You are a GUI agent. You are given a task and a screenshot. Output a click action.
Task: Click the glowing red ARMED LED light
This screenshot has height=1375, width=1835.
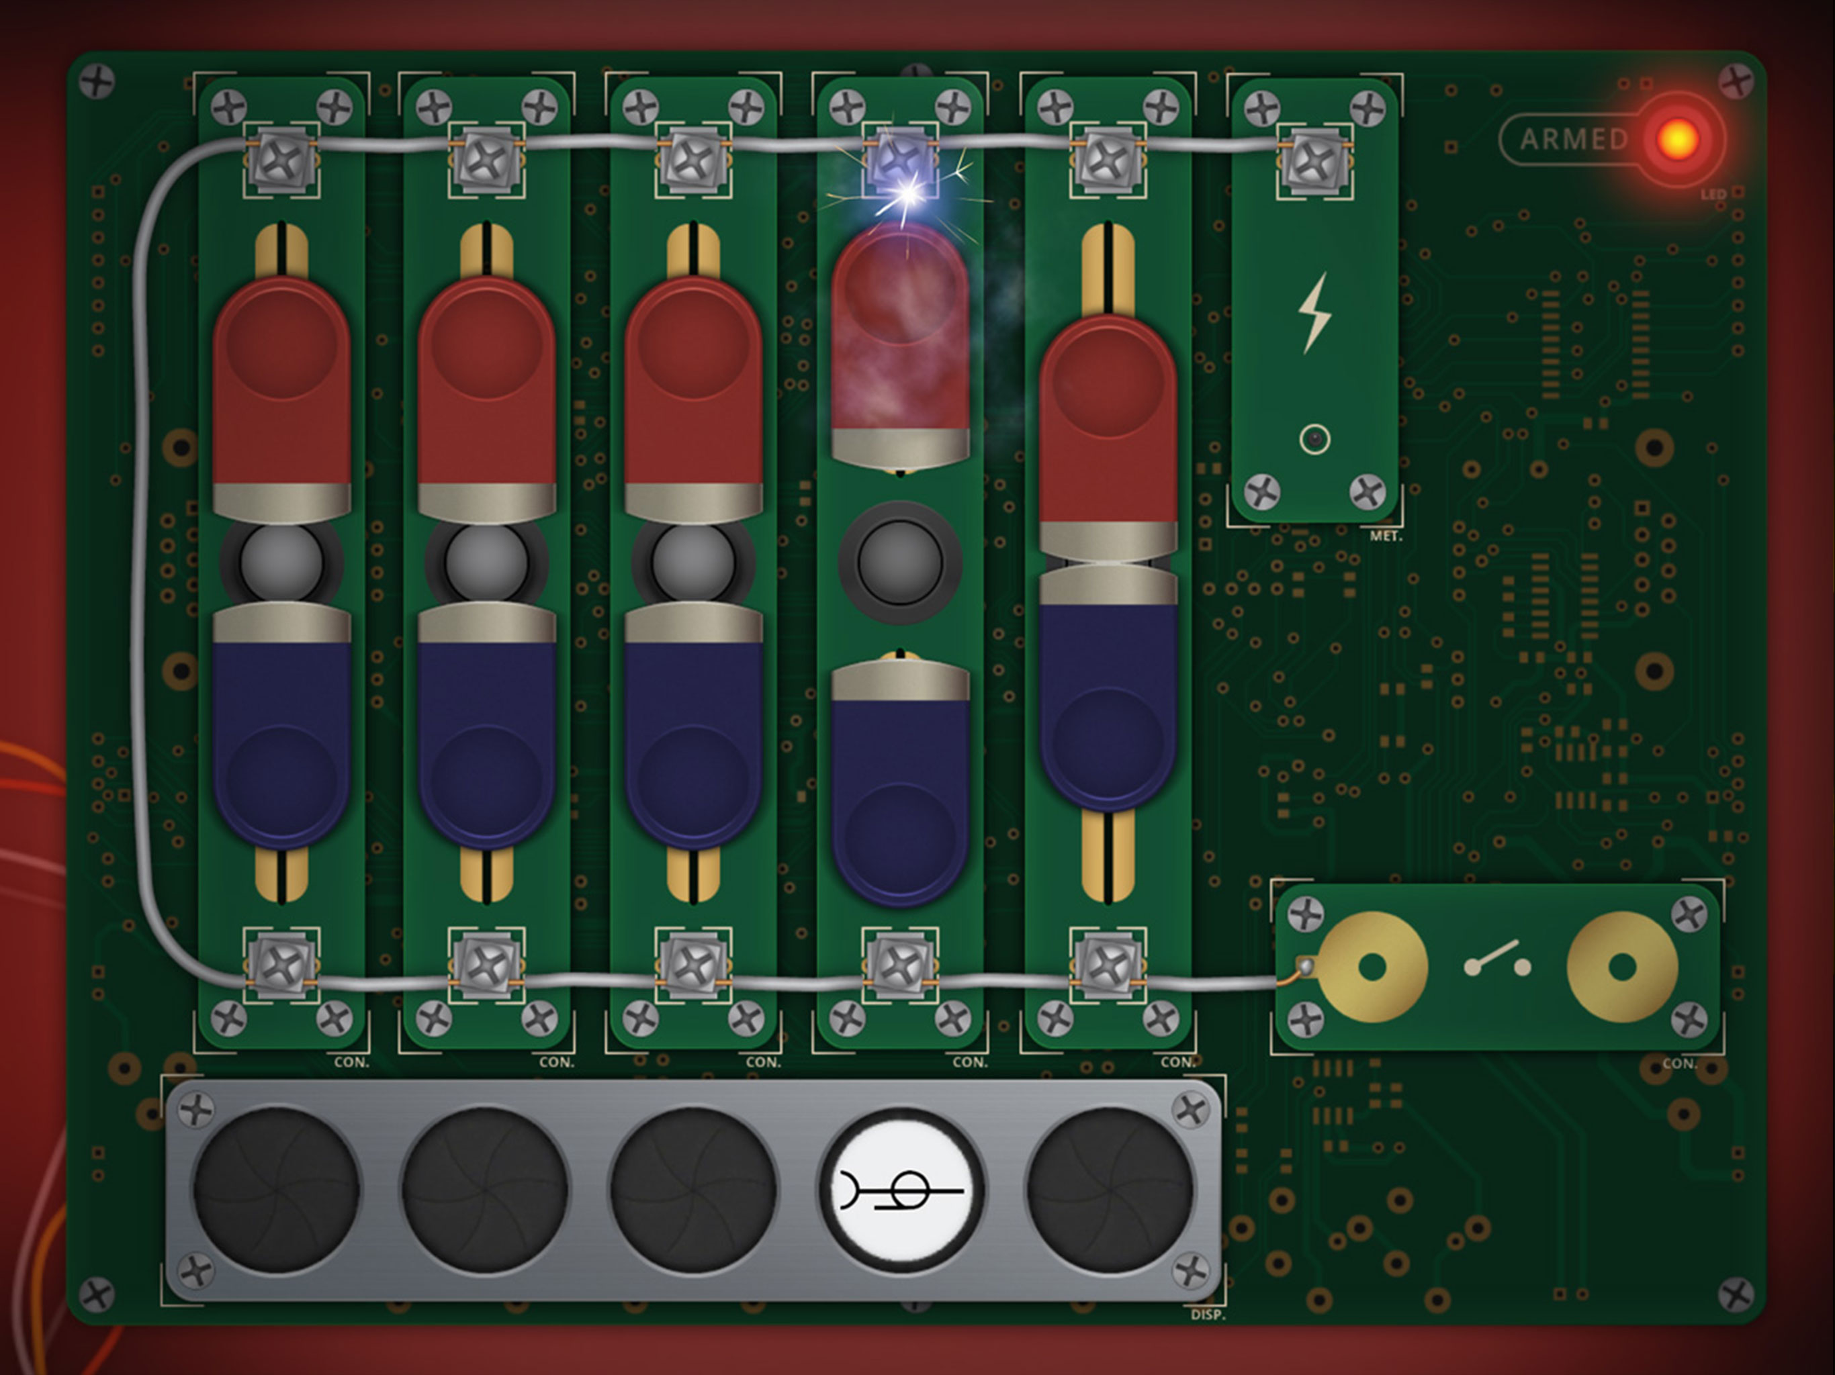(1676, 138)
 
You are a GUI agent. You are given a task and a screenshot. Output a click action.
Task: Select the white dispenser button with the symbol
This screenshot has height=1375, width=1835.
(902, 1190)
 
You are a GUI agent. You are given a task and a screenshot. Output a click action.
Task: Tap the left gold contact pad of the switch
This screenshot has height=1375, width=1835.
(1372, 967)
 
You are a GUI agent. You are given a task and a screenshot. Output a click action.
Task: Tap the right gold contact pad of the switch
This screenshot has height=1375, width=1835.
(1622, 967)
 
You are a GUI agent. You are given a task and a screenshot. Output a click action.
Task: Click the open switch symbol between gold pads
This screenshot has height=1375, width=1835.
(1497, 961)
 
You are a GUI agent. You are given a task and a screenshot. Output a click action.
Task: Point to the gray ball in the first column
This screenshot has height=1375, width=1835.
(281, 562)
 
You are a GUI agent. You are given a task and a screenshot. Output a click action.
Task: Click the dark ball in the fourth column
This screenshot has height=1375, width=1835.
(900, 562)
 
